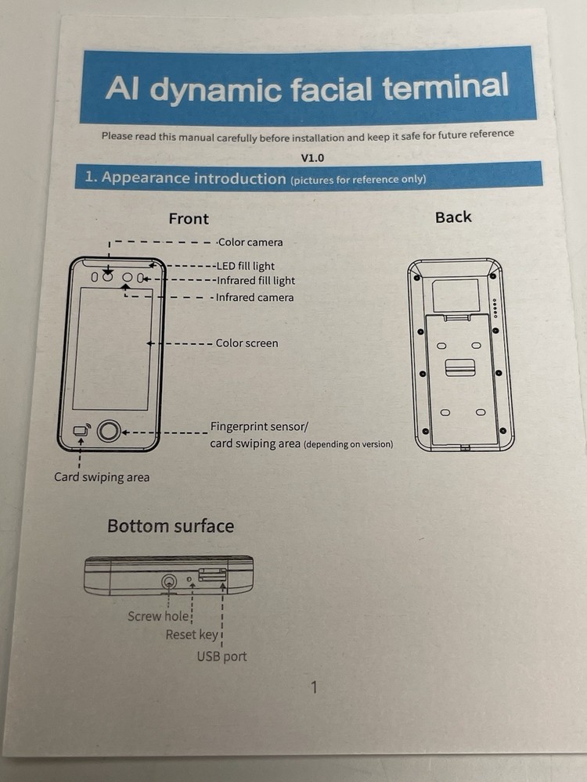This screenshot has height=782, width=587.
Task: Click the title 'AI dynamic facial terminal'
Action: coord(307,88)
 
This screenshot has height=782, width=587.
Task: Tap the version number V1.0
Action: coord(312,158)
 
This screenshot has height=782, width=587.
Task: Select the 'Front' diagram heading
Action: coord(189,218)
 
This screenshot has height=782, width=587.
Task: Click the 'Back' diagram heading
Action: coord(453,217)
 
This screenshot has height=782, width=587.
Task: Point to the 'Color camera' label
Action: coord(250,242)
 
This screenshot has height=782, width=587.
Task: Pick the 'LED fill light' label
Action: coord(246,266)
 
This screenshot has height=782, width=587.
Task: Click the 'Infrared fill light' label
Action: coord(256,281)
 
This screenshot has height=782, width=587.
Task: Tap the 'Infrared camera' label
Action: coord(254,298)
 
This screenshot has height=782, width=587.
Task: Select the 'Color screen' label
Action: coord(247,343)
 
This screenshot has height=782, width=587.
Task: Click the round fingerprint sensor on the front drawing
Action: coord(109,431)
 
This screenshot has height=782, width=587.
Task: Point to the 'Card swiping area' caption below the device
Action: coord(102,477)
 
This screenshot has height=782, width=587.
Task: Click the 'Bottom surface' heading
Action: coord(171,526)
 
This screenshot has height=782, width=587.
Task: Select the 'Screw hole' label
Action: coord(158,616)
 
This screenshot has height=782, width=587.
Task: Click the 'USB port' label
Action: coord(221,656)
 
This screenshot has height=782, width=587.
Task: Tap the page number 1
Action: coord(314,687)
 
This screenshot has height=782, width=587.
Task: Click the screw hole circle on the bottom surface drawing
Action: coord(169,582)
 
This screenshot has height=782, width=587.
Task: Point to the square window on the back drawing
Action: coord(456,296)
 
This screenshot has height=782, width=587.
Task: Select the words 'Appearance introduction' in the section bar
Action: coord(193,178)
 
